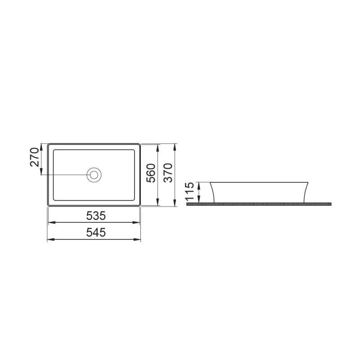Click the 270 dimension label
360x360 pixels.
(x=34, y=157)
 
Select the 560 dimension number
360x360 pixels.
(x=151, y=173)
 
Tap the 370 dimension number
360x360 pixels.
(x=168, y=173)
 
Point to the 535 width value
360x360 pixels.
(x=96, y=216)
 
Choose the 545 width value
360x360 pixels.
(x=96, y=232)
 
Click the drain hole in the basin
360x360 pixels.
(x=94, y=175)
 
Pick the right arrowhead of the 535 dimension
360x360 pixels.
(x=136, y=222)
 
